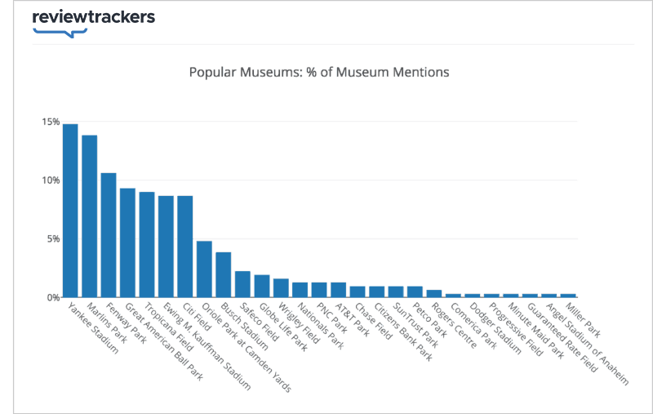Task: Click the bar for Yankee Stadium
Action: pyautogui.click(x=70, y=211)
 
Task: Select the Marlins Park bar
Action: pyautogui.click(x=90, y=216)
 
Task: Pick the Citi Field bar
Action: pyautogui.click(x=185, y=247)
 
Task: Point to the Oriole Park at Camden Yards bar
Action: pyautogui.click(x=204, y=269)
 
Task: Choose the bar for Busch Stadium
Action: pyautogui.click(x=224, y=274)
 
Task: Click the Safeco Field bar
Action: pyautogui.click(x=242, y=284)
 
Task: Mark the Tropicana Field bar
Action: pyautogui.click(x=147, y=244)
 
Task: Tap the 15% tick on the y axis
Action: pyautogui.click(x=50, y=122)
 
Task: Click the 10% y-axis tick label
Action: pyautogui.click(x=50, y=180)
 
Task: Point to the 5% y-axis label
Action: pyautogui.click(x=52, y=239)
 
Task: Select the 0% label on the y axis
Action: pyautogui.click(x=52, y=298)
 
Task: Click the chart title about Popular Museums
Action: pyautogui.click(x=319, y=72)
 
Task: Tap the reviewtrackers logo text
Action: pyautogui.click(x=93, y=17)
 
